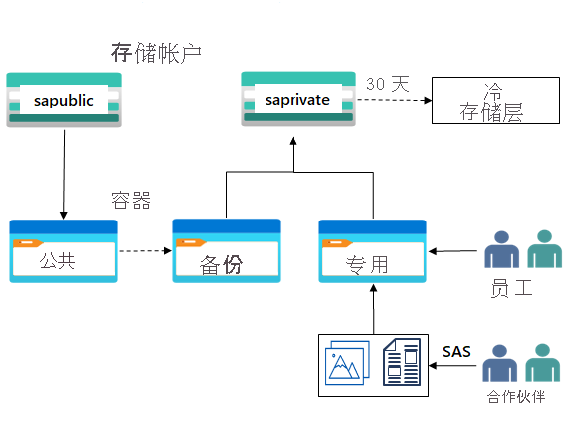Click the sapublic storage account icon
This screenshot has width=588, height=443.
63,100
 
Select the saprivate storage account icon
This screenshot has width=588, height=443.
299,99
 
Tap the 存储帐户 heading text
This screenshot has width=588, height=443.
156,53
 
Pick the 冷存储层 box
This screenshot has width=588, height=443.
490,100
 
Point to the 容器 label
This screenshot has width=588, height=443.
130,201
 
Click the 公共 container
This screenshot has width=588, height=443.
63,251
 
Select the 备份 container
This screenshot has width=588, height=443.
226,251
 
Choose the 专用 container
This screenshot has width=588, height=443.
372,251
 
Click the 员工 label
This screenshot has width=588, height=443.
511,289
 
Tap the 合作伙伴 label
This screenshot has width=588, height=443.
516,397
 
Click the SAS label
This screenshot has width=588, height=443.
456,351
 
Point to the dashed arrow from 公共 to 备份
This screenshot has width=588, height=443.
145,251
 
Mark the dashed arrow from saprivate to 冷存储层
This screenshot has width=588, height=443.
394,100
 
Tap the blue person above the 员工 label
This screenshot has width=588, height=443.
500,251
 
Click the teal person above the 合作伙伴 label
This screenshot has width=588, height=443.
542,364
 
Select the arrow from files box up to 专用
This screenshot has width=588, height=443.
374,309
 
